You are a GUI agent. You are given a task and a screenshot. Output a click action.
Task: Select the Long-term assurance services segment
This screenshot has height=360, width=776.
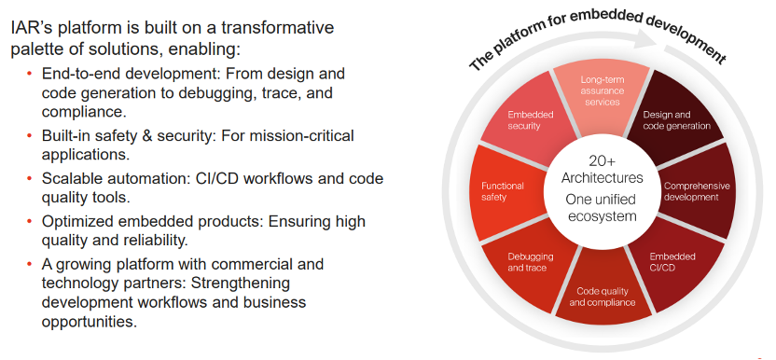click(x=601, y=94)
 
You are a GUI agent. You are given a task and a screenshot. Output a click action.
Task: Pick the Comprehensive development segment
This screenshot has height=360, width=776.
click(x=693, y=192)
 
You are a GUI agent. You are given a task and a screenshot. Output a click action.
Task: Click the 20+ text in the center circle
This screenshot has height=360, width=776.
click(x=602, y=161)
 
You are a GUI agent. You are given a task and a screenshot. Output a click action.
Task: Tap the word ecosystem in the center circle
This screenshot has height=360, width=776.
click(x=602, y=217)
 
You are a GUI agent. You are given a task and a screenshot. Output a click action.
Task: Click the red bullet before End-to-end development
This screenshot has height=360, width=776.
click(x=30, y=74)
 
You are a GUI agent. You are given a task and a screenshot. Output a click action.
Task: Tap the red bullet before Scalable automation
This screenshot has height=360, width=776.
click(x=30, y=177)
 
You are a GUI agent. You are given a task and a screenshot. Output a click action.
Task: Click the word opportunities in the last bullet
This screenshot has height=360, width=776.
click(x=90, y=322)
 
